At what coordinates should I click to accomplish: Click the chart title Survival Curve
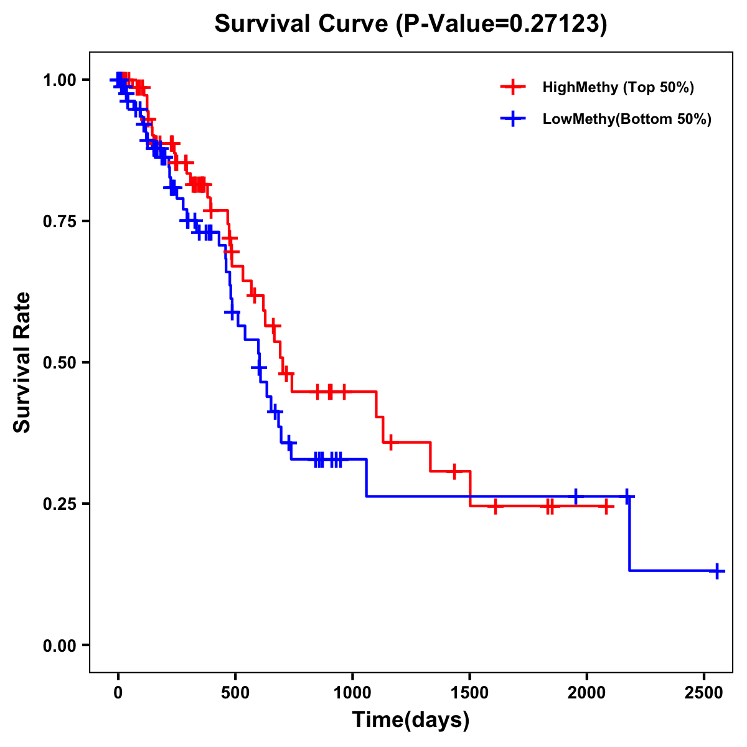410,24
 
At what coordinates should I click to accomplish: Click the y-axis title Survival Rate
22,362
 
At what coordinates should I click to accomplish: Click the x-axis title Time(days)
410,720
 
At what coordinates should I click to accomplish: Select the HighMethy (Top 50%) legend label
618,87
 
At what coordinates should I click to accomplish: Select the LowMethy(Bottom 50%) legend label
626,119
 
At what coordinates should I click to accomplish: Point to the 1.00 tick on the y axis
60,80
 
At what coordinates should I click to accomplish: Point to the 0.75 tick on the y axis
60,222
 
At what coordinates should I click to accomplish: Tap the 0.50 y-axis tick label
60,363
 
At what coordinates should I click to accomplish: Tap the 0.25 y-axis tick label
60,504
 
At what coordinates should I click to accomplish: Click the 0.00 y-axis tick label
60,646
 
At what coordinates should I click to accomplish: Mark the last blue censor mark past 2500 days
717,571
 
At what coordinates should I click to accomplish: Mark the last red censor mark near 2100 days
606,507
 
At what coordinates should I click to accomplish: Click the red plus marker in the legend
512,87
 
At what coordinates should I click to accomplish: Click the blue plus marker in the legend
512,119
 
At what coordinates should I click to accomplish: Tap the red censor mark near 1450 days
454,471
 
